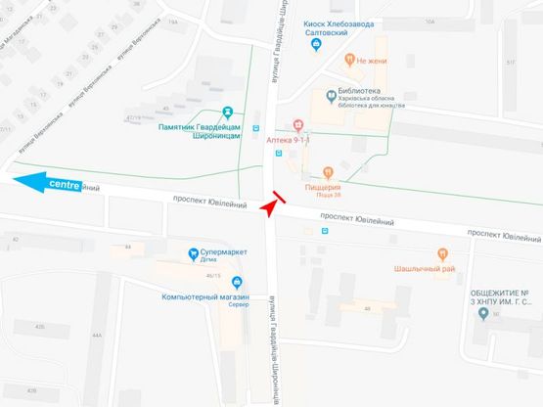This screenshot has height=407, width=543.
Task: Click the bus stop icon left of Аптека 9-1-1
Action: point(256,127)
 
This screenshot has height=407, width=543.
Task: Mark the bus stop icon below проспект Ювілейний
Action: point(324,231)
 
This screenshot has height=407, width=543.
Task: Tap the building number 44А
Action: point(97,335)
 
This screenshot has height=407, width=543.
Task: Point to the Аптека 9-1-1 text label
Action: point(290,140)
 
